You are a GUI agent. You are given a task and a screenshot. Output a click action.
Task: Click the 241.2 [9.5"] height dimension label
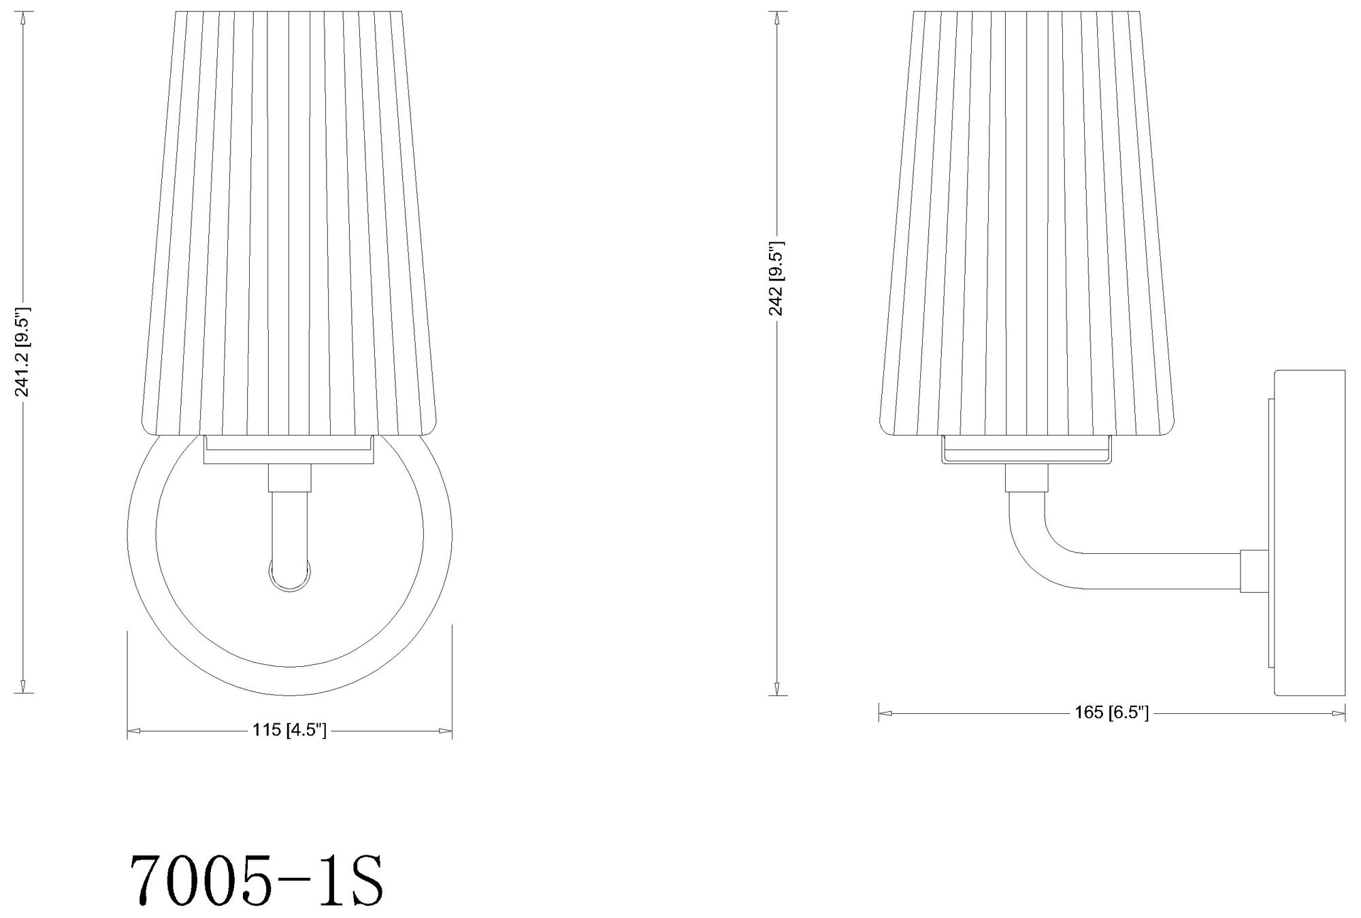tap(23, 351)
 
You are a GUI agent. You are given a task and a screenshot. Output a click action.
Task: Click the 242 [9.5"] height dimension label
tap(776, 278)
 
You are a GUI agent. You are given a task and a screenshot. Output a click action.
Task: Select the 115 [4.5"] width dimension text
tap(290, 731)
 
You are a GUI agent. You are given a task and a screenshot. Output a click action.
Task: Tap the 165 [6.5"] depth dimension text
tap(1112, 712)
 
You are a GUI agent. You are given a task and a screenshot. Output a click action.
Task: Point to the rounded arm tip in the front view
tap(290, 576)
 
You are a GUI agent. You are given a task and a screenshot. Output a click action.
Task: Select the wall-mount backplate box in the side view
tap(1309, 533)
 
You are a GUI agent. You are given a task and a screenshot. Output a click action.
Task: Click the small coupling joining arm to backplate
tap(1254, 571)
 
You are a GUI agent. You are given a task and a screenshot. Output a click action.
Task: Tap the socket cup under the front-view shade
tap(289, 450)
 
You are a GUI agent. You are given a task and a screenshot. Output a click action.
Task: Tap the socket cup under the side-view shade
tap(1026, 450)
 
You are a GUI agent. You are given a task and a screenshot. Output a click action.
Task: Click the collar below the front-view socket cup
tap(290, 478)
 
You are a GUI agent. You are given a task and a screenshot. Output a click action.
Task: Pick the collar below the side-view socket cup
tap(1026, 478)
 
